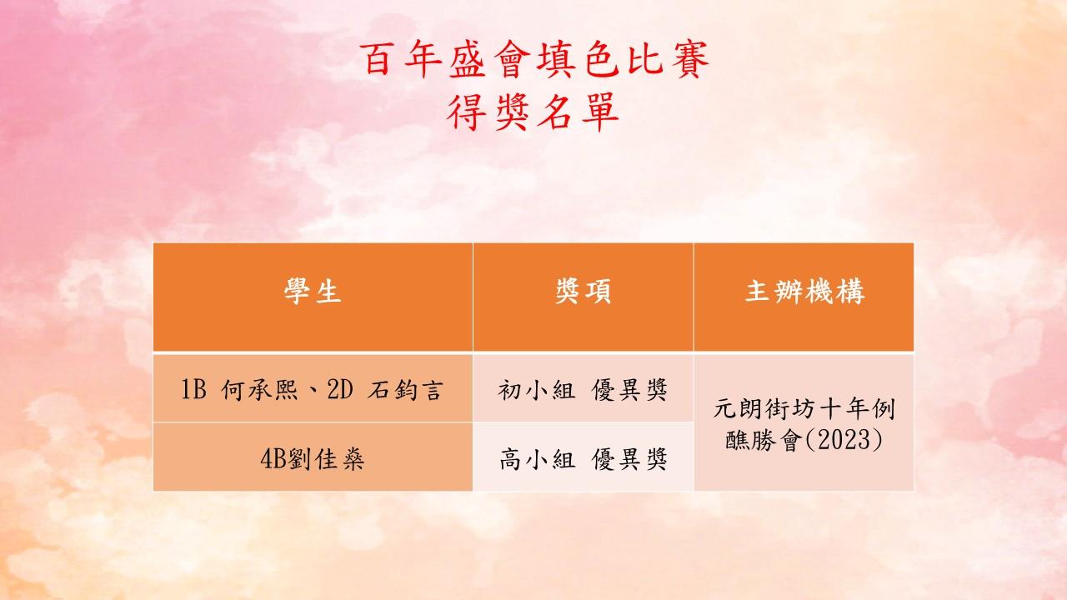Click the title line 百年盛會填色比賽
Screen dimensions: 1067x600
[534, 59]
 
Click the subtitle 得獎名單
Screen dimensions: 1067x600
[533, 112]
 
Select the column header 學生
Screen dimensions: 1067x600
[313, 292]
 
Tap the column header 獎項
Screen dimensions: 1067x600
[583, 292]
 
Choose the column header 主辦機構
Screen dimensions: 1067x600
[804, 292]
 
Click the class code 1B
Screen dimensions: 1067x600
[194, 389]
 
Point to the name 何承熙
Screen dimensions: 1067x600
[259, 389]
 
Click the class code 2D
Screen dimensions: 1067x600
[340, 389]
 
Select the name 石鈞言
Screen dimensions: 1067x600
[405, 389]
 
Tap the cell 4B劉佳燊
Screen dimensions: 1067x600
[313, 459]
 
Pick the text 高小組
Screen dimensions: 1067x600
[537, 459]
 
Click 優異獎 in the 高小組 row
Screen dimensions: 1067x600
[629, 459]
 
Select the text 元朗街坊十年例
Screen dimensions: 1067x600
[804, 409]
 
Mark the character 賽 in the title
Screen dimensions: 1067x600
[691, 59]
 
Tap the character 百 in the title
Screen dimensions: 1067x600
[378, 59]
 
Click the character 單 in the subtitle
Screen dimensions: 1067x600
[601, 112]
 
